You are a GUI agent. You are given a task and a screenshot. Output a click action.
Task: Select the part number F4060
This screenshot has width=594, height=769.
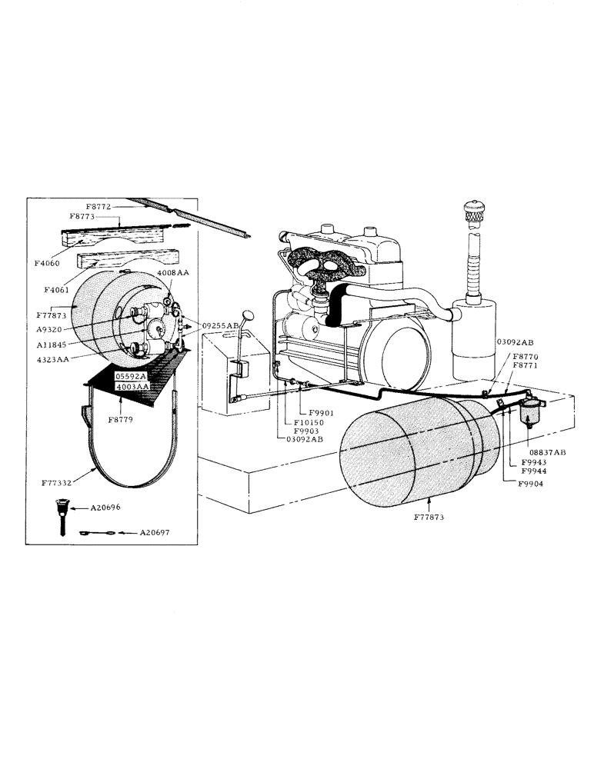click(48, 263)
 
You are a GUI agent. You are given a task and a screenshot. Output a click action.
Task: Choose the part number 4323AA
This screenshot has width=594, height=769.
click(51, 358)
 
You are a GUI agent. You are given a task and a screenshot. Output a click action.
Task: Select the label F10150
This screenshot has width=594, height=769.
click(309, 423)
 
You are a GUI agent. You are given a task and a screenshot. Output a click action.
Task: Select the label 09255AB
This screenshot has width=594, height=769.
click(220, 325)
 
